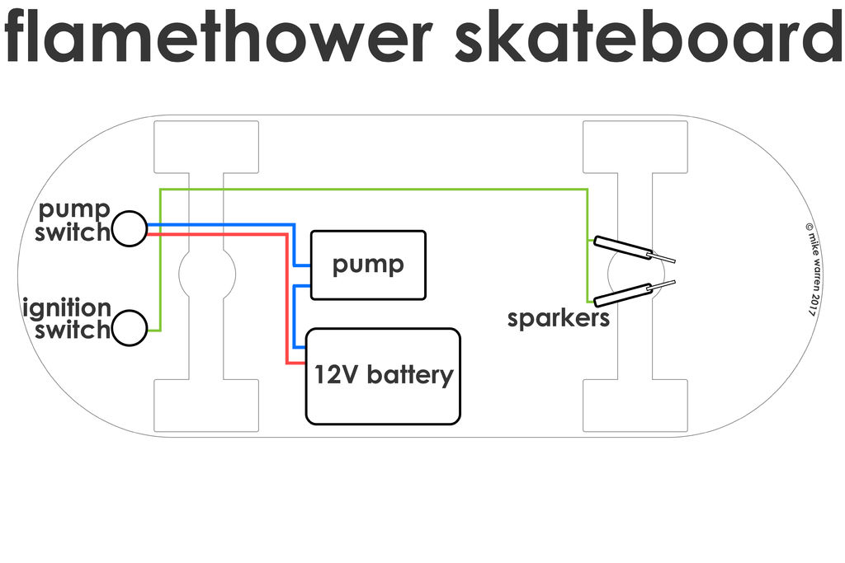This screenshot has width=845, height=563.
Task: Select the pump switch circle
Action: coord(130,228)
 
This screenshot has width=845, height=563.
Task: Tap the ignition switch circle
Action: coord(130,328)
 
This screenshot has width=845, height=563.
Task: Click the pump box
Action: coord(368,265)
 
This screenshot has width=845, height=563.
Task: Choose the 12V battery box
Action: coord(383,376)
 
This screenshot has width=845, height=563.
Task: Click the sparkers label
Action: coord(558,318)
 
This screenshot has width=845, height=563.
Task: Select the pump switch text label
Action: coord(73,219)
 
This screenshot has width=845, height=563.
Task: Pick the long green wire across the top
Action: coord(371,190)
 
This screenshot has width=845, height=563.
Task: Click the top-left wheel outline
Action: coord(205,147)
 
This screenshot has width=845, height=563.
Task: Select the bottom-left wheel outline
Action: coord(205,406)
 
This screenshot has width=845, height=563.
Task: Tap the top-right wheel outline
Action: coord(635,147)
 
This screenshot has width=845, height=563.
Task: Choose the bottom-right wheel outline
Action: coord(635,406)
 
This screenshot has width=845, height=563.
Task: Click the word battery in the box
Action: coord(409,376)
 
